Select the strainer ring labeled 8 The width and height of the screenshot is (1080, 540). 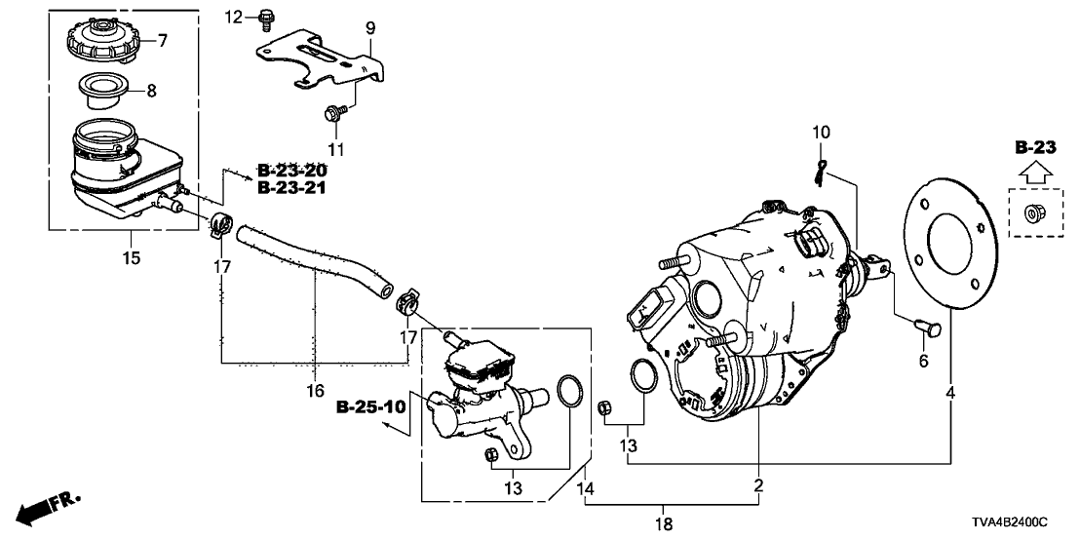point(106,90)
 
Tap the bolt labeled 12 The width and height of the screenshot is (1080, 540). point(265,17)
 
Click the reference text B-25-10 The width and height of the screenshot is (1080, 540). point(370,405)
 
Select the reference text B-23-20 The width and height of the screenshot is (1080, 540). point(291,171)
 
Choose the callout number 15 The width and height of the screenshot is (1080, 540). point(131,258)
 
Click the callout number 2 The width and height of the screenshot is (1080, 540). point(759,484)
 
